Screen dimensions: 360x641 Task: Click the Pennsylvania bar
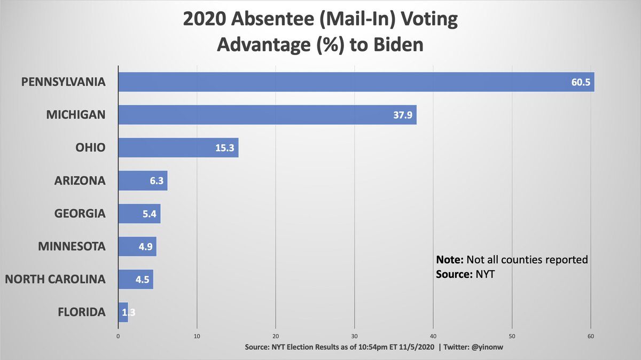[x=356, y=82]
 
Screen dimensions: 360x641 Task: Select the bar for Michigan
[x=267, y=115]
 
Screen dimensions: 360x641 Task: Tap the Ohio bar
[x=178, y=147]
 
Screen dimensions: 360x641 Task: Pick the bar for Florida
[x=123, y=312]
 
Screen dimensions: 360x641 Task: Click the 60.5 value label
[x=580, y=83]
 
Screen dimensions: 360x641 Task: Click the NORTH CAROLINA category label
[x=55, y=279]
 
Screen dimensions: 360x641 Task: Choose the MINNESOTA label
[x=72, y=247]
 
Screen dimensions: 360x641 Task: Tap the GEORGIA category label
[x=80, y=214]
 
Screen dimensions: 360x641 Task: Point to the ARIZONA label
[x=80, y=181]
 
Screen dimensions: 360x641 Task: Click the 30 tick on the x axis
[x=354, y=336]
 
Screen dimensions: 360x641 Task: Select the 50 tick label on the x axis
[x=512, y=336]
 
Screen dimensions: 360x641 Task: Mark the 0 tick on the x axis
[x=118, y=336]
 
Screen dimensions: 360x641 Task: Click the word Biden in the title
[x=395, y=44]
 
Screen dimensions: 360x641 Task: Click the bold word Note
[x=450, y=260]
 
